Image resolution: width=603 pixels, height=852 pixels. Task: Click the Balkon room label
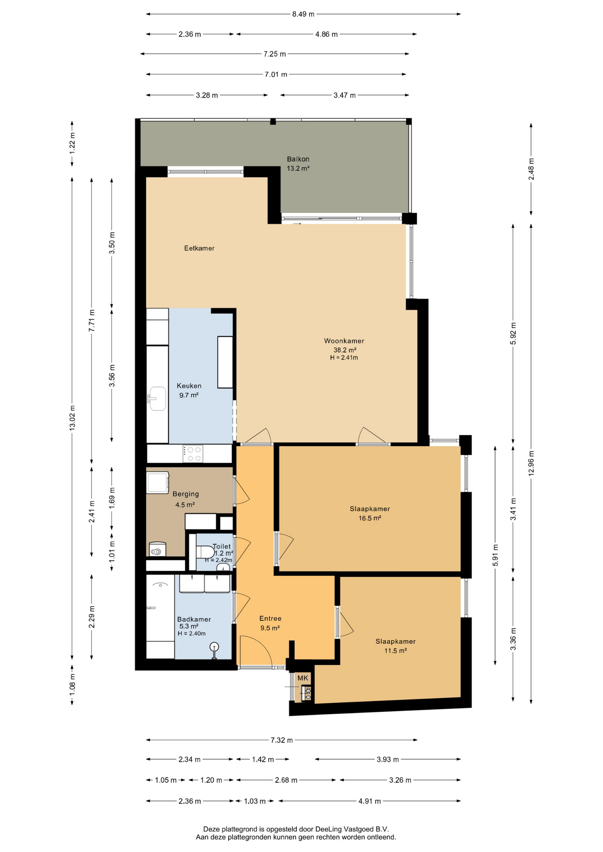pyautogui.click(x=298, y=159)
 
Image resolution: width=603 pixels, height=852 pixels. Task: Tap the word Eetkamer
pyautogui.click(x=199, y=248)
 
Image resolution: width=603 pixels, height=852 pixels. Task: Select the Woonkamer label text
pyautogui.click(x=344, y=341)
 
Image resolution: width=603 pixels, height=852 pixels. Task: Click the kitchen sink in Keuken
pyautogui.click(x=157, y=398)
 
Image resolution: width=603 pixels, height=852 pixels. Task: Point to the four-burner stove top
pyautogui.click(x=193, y=454)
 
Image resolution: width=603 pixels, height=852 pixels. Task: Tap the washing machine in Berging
pyautogui.click(x=158, y=482)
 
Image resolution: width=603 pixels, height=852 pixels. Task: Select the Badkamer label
pyautogui.click(x=194, y=619)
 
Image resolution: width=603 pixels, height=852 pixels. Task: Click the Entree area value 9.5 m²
pyautogui.click(x=270, y=628)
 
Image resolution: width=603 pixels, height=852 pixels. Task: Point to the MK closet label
pyautogui.click(x=303, y=678)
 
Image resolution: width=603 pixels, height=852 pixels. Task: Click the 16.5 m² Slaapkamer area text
pyautogui.click(x=370, y=518)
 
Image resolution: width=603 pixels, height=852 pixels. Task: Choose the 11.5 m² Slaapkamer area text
pyautogui.click(x=396, y=651)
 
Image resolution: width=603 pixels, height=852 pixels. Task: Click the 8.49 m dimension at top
pyautogui.click(x=303, y=14)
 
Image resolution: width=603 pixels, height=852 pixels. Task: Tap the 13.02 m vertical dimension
pyautogui.click(x=72, y=418)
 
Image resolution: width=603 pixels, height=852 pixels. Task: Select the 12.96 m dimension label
pyautogui.click(x=531, y=463)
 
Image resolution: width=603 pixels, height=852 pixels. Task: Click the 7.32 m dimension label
pyautogui.click(x=282, y=740)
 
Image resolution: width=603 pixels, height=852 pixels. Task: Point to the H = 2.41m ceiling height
pyautogui.click(x=344, y=358)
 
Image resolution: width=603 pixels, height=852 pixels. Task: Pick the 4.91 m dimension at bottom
pyautogui.click(x=370, y=801)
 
